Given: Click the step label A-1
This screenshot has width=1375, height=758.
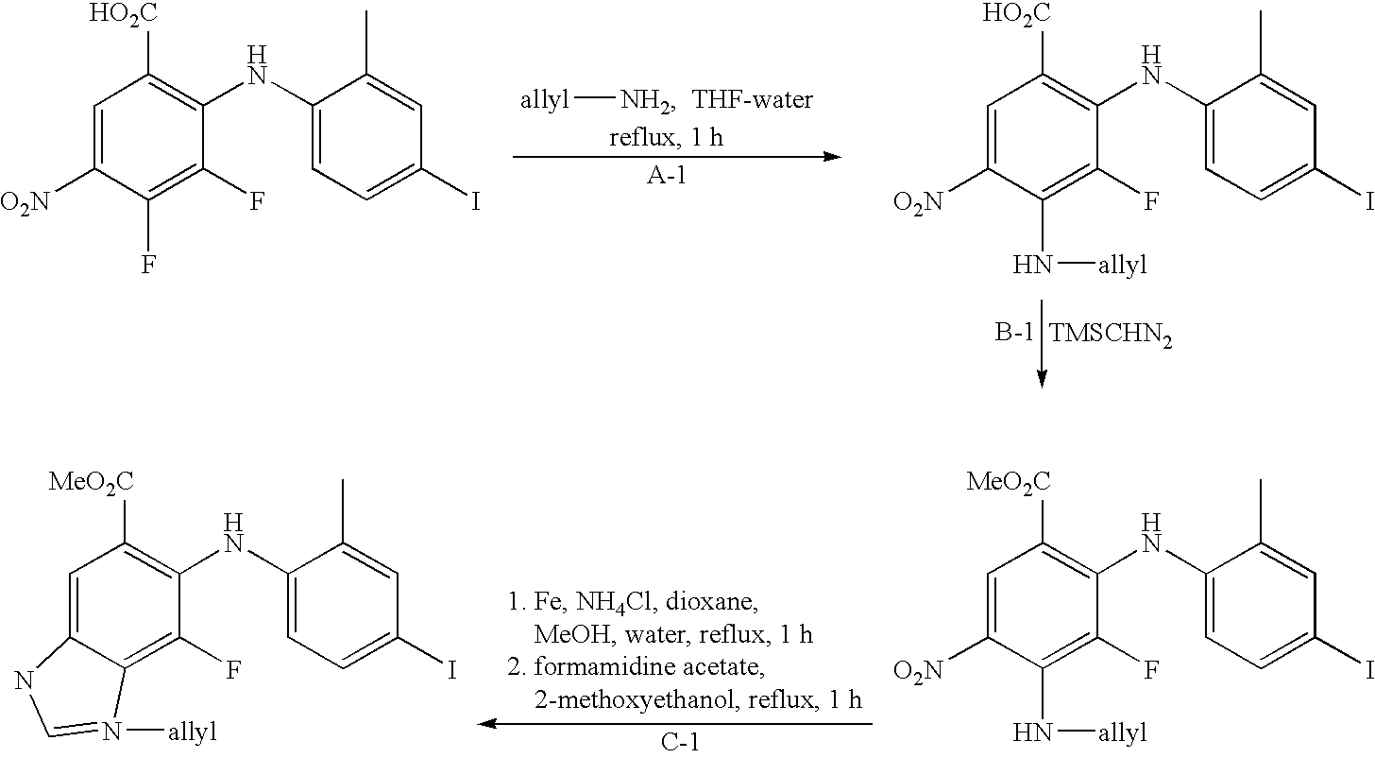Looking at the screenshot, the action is click(666, 177).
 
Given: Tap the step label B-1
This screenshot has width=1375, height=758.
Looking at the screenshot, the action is click(1014, 333).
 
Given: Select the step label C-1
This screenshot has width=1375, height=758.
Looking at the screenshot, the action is click(680, 743).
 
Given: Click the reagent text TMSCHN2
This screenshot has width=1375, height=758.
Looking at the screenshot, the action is click(1111, 335).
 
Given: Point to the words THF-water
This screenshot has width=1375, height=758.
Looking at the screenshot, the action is click(753, 99).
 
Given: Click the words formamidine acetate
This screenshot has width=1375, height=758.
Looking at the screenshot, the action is click(650, 666).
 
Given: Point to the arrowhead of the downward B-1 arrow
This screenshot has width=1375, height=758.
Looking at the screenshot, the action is click(1042, 380).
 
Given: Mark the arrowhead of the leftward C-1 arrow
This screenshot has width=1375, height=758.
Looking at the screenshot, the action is click(486, 724).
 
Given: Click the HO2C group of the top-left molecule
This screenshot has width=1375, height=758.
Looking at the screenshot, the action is click(123, 13).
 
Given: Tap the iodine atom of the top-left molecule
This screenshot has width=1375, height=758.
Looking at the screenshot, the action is click(476, 201).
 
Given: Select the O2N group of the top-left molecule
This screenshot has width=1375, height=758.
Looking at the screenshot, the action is click(25, 202).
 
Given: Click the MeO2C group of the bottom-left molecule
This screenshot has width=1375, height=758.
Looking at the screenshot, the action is click(91, 482).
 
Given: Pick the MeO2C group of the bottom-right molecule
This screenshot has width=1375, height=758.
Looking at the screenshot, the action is click(1009, 482).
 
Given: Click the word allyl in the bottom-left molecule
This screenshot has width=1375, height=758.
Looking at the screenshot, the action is click(193, 732).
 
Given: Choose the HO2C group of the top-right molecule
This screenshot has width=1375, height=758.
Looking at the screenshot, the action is click(1016, 13).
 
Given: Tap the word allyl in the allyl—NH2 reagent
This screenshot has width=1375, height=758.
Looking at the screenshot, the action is click(545, 99).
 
